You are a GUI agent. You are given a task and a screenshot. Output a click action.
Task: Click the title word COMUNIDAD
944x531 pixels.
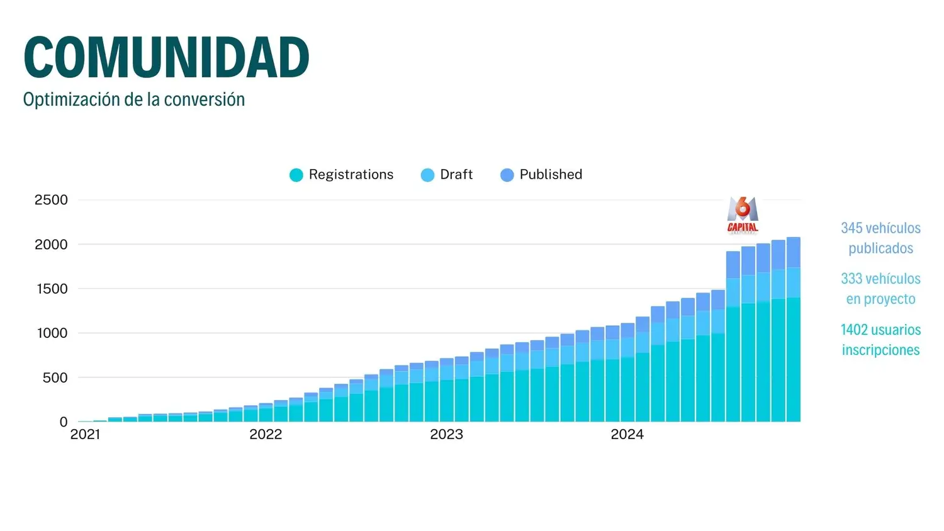click(x=166, y=58)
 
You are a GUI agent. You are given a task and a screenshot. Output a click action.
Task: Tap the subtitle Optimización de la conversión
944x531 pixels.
click(x=133, y=99)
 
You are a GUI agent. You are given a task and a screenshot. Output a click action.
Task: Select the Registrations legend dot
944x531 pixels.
click(x=296, y=175)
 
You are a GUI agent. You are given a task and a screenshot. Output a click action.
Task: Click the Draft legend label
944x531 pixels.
click(x=456, y=174)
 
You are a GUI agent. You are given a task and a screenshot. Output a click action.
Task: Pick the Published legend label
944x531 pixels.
click(x=551, y=174)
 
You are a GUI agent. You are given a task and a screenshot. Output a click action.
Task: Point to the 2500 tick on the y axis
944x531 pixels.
click(x=51, y=200)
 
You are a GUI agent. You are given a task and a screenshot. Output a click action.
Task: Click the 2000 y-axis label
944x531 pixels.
click(x=51, y=245)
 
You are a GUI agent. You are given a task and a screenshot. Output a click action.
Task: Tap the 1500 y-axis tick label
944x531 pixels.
click(x=51, y=289)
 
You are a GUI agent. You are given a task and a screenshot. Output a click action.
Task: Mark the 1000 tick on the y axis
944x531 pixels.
click(x=52, y=333)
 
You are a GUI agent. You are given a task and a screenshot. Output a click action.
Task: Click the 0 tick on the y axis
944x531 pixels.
click(x=63, y=422)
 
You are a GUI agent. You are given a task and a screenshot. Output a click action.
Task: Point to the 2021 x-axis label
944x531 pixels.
click(x=85, y=435)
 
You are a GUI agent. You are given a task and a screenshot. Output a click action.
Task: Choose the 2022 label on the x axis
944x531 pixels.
click(x=266, y=435)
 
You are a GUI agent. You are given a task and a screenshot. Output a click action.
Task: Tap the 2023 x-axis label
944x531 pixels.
click(x=446, y=435)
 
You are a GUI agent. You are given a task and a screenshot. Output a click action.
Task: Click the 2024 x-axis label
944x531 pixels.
click(x=627, y=435)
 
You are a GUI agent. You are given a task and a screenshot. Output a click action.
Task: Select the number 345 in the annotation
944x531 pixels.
click(x=851, y=228)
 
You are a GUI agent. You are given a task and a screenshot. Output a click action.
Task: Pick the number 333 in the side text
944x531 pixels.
click(x=851, y=279)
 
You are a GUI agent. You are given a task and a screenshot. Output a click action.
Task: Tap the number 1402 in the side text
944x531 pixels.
click(x=854, y=330)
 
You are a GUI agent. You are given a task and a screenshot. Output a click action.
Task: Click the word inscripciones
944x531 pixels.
click(x=880, y=350)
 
